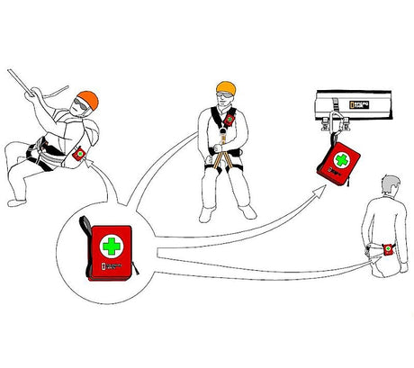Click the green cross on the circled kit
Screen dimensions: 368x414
112,247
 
